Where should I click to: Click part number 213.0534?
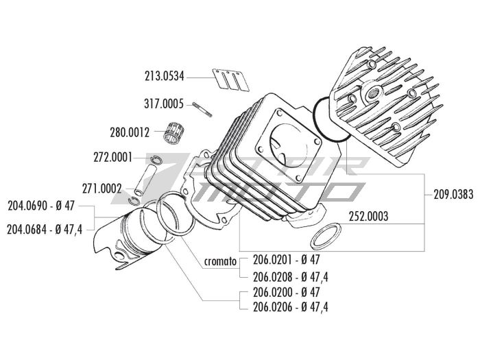tap(165, 77)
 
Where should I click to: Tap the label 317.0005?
tap(164, 104)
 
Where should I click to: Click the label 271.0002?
tap(101, 188)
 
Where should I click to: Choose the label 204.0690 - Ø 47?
tap(40, 206)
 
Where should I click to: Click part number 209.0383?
tap(454, 194)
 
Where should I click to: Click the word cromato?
tap(220, 261)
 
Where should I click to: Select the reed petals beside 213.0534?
tap(229, 80)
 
